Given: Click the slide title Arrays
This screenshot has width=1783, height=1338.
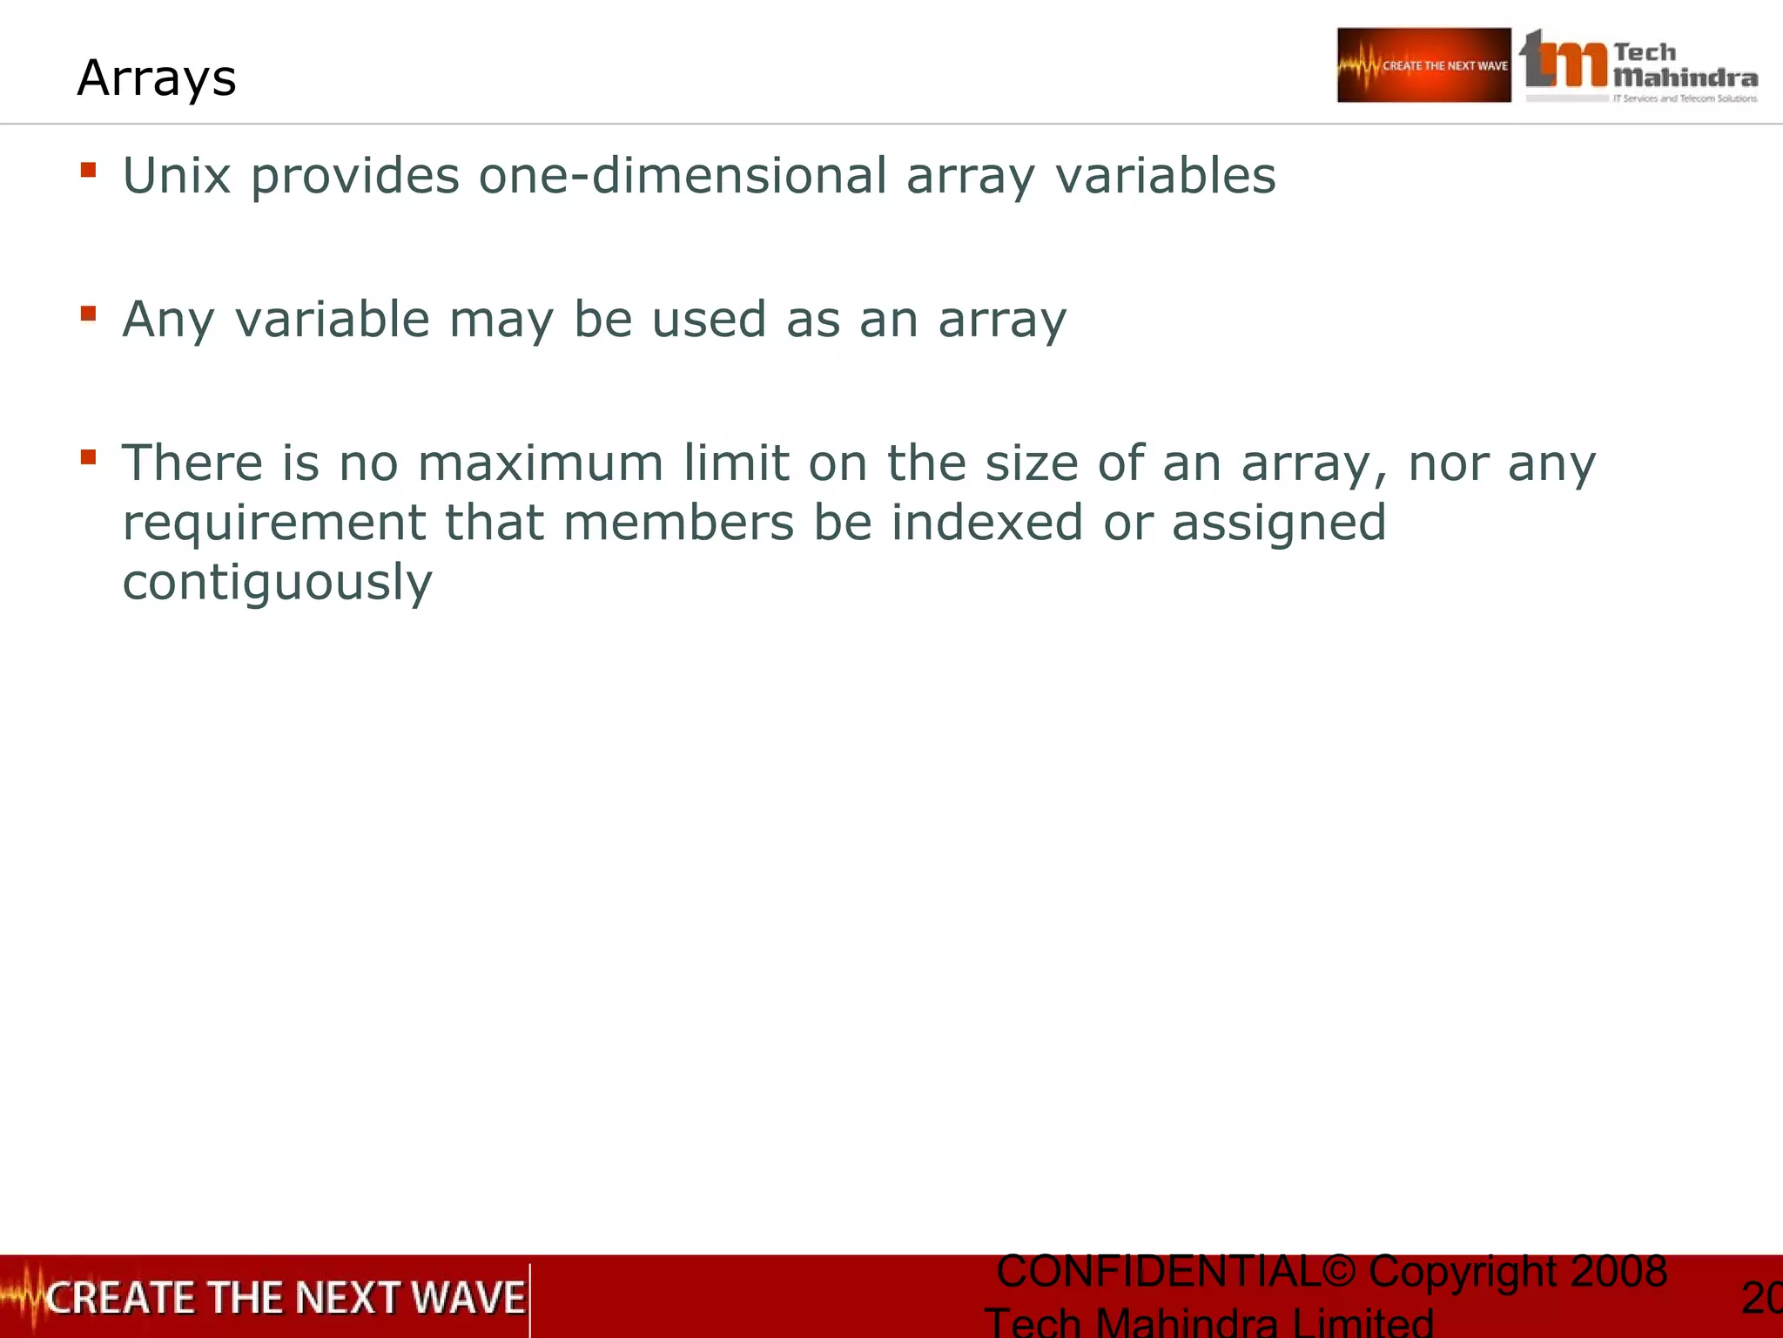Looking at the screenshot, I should (157, 78).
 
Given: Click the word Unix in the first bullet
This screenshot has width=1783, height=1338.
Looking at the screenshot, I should (177, 175).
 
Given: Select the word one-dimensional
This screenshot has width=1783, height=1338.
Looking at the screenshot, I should (683, 175).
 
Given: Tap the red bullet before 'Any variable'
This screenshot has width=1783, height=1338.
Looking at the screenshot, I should (88, 313).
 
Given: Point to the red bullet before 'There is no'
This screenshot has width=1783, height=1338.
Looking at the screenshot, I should (88, 456).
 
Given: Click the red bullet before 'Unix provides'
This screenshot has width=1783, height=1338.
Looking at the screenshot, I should (88, 169).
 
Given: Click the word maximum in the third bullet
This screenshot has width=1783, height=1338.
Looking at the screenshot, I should (541, 463).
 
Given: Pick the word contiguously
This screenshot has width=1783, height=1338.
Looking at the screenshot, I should (277, 583).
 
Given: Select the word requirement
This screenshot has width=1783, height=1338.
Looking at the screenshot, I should (273, 524).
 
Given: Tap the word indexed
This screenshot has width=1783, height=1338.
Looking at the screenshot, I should (986, 523).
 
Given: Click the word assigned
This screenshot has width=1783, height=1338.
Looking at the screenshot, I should (1279, 524).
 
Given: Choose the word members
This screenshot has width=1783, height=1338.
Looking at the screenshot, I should (678, 523).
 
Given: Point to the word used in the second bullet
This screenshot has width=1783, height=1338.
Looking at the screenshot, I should (709, 319).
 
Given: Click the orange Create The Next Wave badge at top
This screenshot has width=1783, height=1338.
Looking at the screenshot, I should (1423, 65).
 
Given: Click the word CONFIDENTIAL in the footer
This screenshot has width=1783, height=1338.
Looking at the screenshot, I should (1158, 1272).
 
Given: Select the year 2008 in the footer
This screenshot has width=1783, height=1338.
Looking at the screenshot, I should (1618, 1272).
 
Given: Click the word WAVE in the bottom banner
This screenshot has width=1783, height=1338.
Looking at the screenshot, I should (468, 1298).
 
